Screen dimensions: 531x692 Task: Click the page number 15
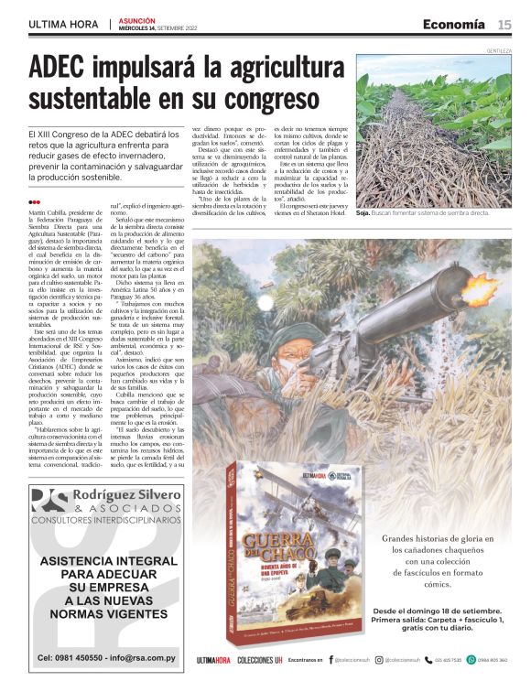click(x=504, y=24)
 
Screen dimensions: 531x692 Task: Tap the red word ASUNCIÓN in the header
click(x=136, y=19)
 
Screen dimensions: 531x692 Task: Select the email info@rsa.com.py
click(x=142, y=657)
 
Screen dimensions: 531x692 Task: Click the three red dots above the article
click(x=34, y=202)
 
